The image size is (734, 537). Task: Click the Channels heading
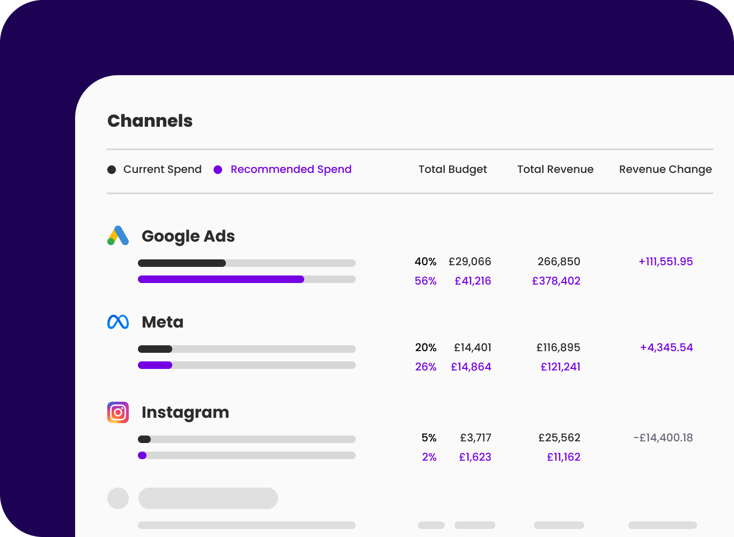pyautogui.click(x=150, y=121)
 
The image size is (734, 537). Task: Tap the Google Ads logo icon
pyautogui.click(x=118, y=236)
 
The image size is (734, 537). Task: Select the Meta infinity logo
pyautogui.click(x=118, y=322)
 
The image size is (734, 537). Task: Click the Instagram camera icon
pyautogui.click(x=118, y=412)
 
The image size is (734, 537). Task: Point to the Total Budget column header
pyautogui.click(x=452, y=169)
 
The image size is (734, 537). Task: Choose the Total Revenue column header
pyautogui.click(x=555, y=169)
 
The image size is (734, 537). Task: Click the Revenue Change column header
pyautogui.click(x=665, y=169)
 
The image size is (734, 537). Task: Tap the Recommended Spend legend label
pyautogui.click(x=291, y=169)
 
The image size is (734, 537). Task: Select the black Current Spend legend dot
pyautogui.click(x=112, y=170)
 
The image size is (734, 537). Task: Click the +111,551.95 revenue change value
pyautogui.click(x=665, y=262)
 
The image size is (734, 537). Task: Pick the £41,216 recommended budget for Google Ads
pyautogui.click(x=473, y=281)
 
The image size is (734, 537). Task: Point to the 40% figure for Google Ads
pyautogui.click(x=425, y=262)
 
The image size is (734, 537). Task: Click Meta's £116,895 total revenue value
pyautogui.click(x=558, y=347)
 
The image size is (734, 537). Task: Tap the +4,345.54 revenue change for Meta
pyautogui.click(x=666, y=347)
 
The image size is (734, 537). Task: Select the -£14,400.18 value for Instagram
pyautogui.click(x=663, y=438)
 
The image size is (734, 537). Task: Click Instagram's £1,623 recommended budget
pyautogui.click(x=475, y=457)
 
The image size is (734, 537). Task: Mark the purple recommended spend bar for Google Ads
pyautogui.click(x=221, y=279)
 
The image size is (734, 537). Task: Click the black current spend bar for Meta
pyautogui.click(x=155, y=349)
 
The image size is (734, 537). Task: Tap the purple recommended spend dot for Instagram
pyautogui.click(x=142, y=455)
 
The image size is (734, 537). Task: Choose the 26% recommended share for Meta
pyautogui.click(x=425, y=367)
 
